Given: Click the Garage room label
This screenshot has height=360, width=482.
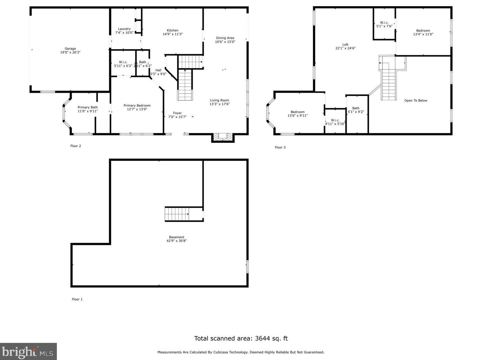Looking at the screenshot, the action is tap(70, 49).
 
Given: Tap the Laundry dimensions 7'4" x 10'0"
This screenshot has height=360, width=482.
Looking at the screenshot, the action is tap(124, 33).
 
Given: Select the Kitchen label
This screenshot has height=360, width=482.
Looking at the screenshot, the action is tap(173, 30).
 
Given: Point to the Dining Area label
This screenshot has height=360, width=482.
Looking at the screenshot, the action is tap(225, 38).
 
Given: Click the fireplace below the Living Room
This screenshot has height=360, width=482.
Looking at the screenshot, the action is tap(223, 137).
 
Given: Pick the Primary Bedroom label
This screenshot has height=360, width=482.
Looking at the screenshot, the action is tap(137, 105).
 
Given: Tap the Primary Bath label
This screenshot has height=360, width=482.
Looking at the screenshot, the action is tap(88, 107).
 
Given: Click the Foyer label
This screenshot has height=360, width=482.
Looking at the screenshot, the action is tap(177, 113).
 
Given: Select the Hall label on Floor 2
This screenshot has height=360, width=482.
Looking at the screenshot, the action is tap(158, 70).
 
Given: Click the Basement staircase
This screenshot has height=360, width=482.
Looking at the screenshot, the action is tap(177, 214).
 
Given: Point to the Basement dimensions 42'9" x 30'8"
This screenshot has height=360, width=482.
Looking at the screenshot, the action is tap(176, 241).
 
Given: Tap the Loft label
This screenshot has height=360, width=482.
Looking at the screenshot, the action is tap(345, 45).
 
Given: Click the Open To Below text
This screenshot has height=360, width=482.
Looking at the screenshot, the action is tap(416, 101).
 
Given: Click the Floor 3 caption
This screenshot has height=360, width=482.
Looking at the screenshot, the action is tap(280, 148).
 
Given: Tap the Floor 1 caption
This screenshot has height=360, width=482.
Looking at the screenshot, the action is tap(77, 299).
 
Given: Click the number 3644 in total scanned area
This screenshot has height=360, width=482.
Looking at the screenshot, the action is tap(262, 338).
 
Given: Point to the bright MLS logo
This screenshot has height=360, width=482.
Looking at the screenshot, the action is tap(28, 352).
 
